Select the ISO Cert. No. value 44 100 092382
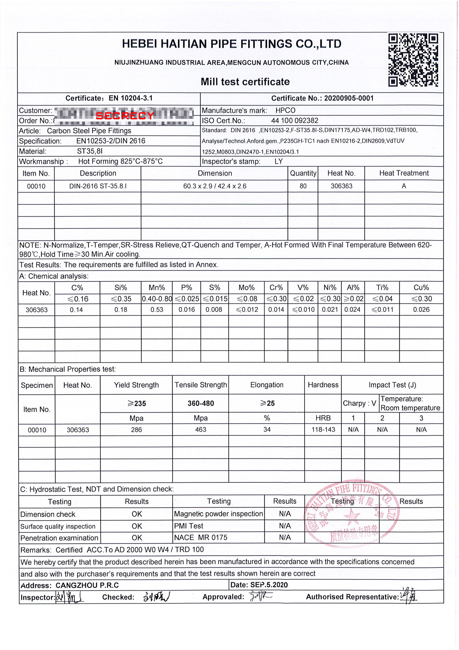pyautogui.click(x=294, y=121)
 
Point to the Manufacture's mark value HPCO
pyautogui.click(x=285, y=110)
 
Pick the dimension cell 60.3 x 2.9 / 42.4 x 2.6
pyautogui.click(x=215, y=186)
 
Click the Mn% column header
pyautogui.click(x=157, y=288)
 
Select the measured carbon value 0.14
pyautogui.click(x=76, y=310)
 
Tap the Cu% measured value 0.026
pyautogui.click(x=421, y=309)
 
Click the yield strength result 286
pyautogui.click(x=136, y=430)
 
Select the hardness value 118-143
pyautogui.click(x=323, y=430)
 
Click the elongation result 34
pyautogui.click(x=267, y=430)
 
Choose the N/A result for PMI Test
pyautogui.click(x=285, y=526)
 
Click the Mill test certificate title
pyautogui.click(x=245, y=82)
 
